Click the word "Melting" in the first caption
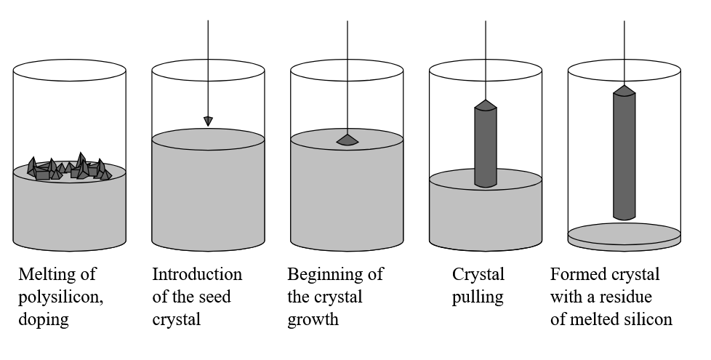(43, 275)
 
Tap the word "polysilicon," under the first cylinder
(56, 297)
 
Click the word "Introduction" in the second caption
(197, 275)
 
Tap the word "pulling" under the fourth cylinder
(478, 297)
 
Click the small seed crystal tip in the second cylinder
(208, 121)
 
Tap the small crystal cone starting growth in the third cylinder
(347, 139)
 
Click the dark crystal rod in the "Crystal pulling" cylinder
(486, 145)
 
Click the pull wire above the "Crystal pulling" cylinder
(486, 51)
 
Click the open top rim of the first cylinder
(69, 71)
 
